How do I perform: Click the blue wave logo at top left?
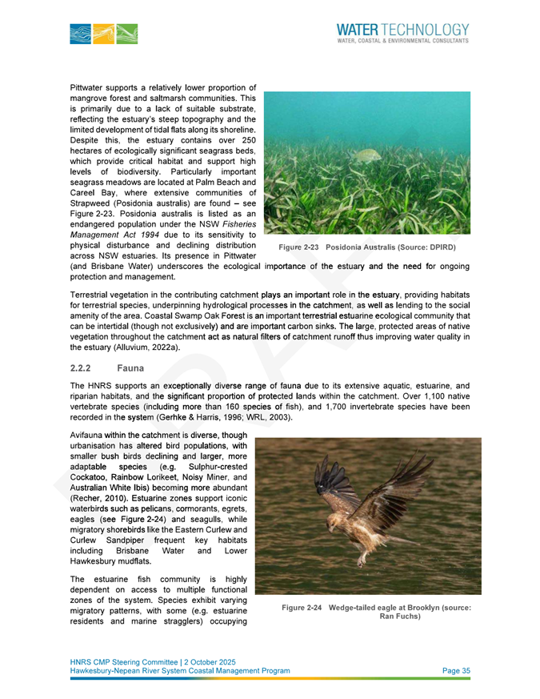pyautogui.click(x=103, y=34)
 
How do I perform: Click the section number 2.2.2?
pyautogui.click(x=83, y=369)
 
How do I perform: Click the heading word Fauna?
pyautogui.click(x=130, y=369)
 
